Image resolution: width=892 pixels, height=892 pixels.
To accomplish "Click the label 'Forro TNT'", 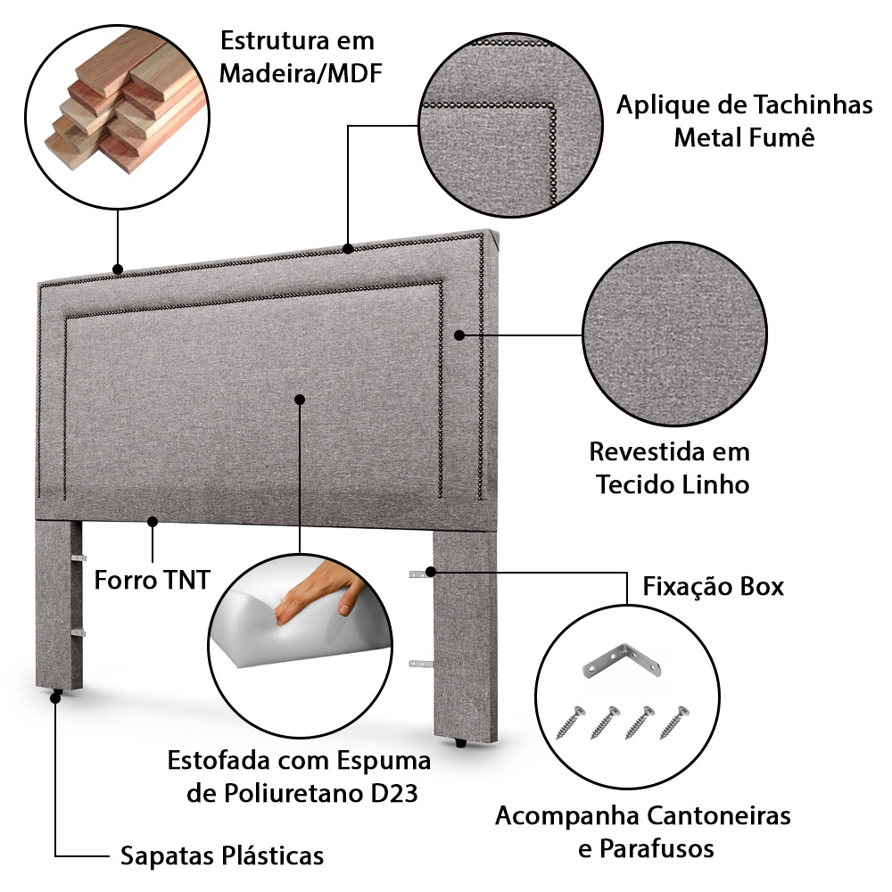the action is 152,580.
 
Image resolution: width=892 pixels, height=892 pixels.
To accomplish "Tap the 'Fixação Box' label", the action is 713,586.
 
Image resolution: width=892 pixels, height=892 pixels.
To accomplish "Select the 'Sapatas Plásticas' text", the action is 222,855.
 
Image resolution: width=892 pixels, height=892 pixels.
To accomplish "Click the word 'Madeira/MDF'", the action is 301,73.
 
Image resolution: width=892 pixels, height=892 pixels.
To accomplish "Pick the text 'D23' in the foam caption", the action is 394,792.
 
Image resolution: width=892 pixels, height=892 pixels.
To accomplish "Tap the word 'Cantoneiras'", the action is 718,815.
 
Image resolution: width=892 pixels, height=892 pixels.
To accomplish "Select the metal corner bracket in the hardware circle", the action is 623,660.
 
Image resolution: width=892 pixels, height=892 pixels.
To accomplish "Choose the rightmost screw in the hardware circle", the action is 674,722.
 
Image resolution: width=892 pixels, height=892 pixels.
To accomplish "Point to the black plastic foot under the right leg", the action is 461,742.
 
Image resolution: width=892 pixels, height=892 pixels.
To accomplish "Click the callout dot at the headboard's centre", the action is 300,400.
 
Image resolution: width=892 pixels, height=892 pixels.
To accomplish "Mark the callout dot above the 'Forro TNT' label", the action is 153,521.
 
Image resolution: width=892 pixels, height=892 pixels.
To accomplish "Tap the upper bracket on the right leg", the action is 420,574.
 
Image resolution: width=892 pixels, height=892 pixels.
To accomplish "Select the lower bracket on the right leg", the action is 420,664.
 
